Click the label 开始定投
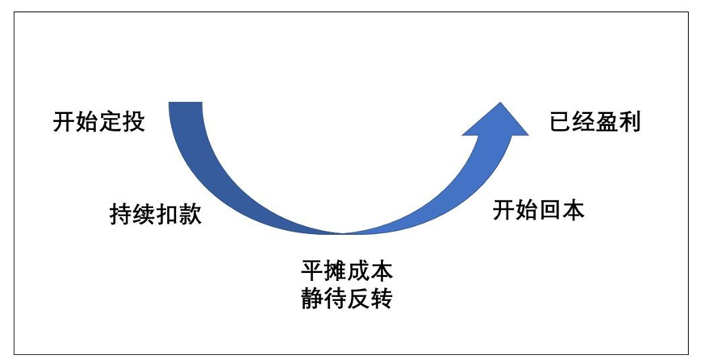98,123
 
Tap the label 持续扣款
155,216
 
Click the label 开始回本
539,211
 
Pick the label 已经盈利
595,123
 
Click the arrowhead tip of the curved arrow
503,103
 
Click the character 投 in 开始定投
133,123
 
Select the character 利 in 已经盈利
630,123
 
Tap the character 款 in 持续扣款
190,216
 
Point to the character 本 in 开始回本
574,211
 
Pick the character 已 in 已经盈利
561,123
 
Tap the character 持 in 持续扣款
120,216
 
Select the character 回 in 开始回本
550,211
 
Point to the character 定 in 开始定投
111,123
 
